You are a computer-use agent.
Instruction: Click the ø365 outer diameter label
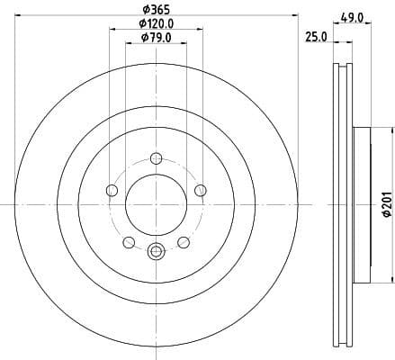click(x=156, y=10)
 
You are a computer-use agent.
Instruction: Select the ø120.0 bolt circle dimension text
click(x=156, y=23)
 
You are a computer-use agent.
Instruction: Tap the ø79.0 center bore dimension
click(x=156, y=38)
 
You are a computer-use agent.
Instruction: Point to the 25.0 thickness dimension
click(x=314, y=38)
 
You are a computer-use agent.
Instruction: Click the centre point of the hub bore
click(x=156, y=204)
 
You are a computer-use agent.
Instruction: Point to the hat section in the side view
click(x=362, y=204)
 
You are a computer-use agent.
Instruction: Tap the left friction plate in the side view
click(x=338, y=204)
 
